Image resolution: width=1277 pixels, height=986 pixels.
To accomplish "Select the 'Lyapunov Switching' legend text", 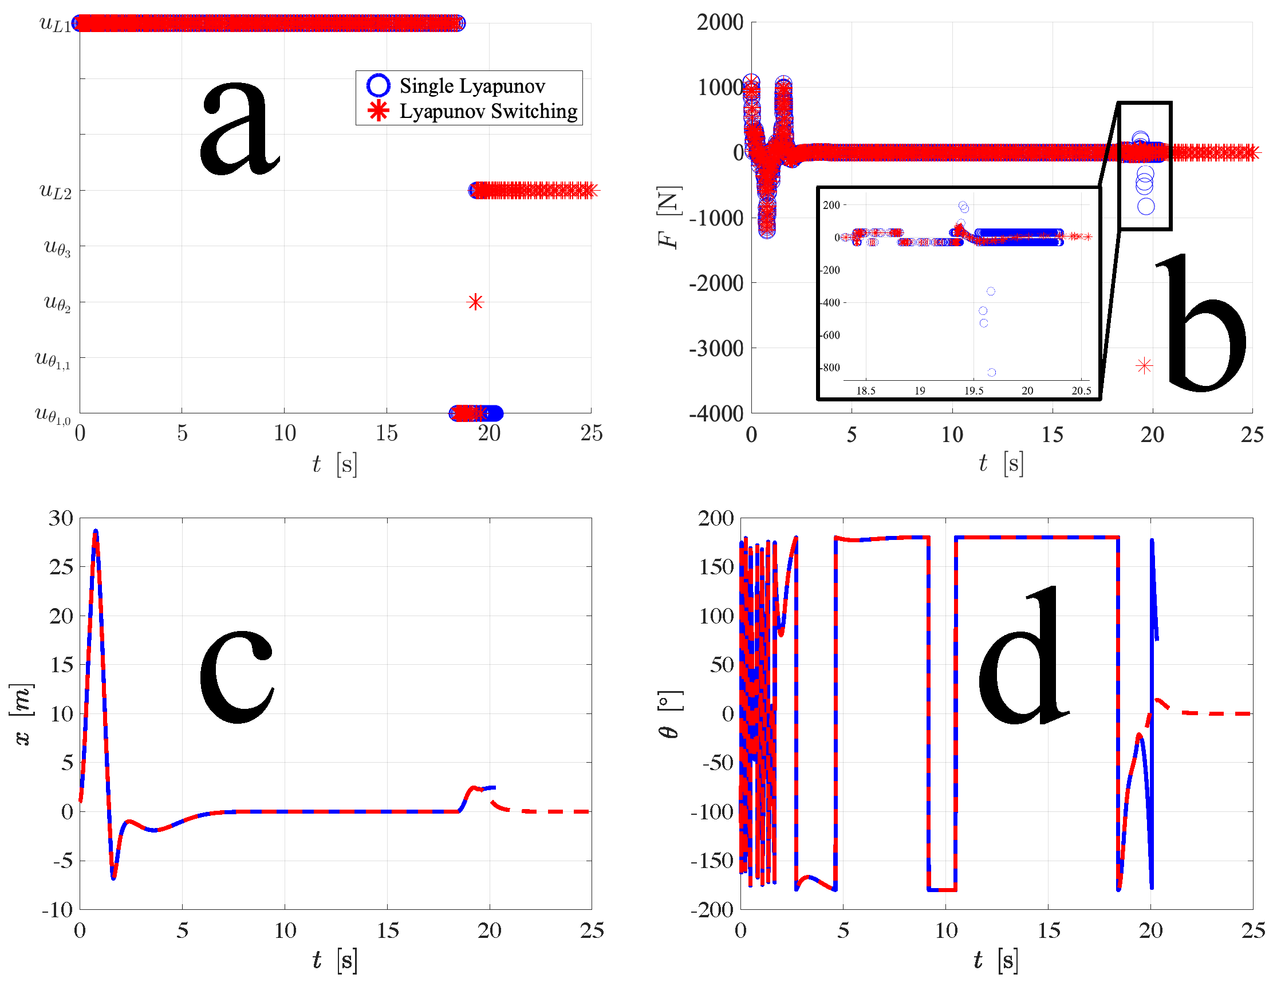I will point(488,111).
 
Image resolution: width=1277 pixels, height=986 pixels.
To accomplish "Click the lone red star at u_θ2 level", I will point(475,302).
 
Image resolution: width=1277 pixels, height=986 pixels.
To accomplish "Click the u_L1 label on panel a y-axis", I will point(55,24).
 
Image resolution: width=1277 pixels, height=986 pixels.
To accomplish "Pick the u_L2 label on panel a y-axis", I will point(55,191).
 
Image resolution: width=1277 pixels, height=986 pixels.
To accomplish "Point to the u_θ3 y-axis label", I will point(57,247).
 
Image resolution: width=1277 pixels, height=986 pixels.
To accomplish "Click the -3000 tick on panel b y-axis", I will point(716,348).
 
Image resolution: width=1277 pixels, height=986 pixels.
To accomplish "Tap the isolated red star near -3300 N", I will point(1144,365).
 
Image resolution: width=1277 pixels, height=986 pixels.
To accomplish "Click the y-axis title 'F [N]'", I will point(669,218).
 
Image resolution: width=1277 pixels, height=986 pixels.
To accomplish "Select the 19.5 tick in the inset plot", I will point(973,391).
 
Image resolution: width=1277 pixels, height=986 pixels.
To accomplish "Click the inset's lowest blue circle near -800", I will point(992,372).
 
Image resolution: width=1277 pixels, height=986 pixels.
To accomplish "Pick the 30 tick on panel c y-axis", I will point(61,518).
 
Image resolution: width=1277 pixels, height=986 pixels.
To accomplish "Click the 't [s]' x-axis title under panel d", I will point(995,960).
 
